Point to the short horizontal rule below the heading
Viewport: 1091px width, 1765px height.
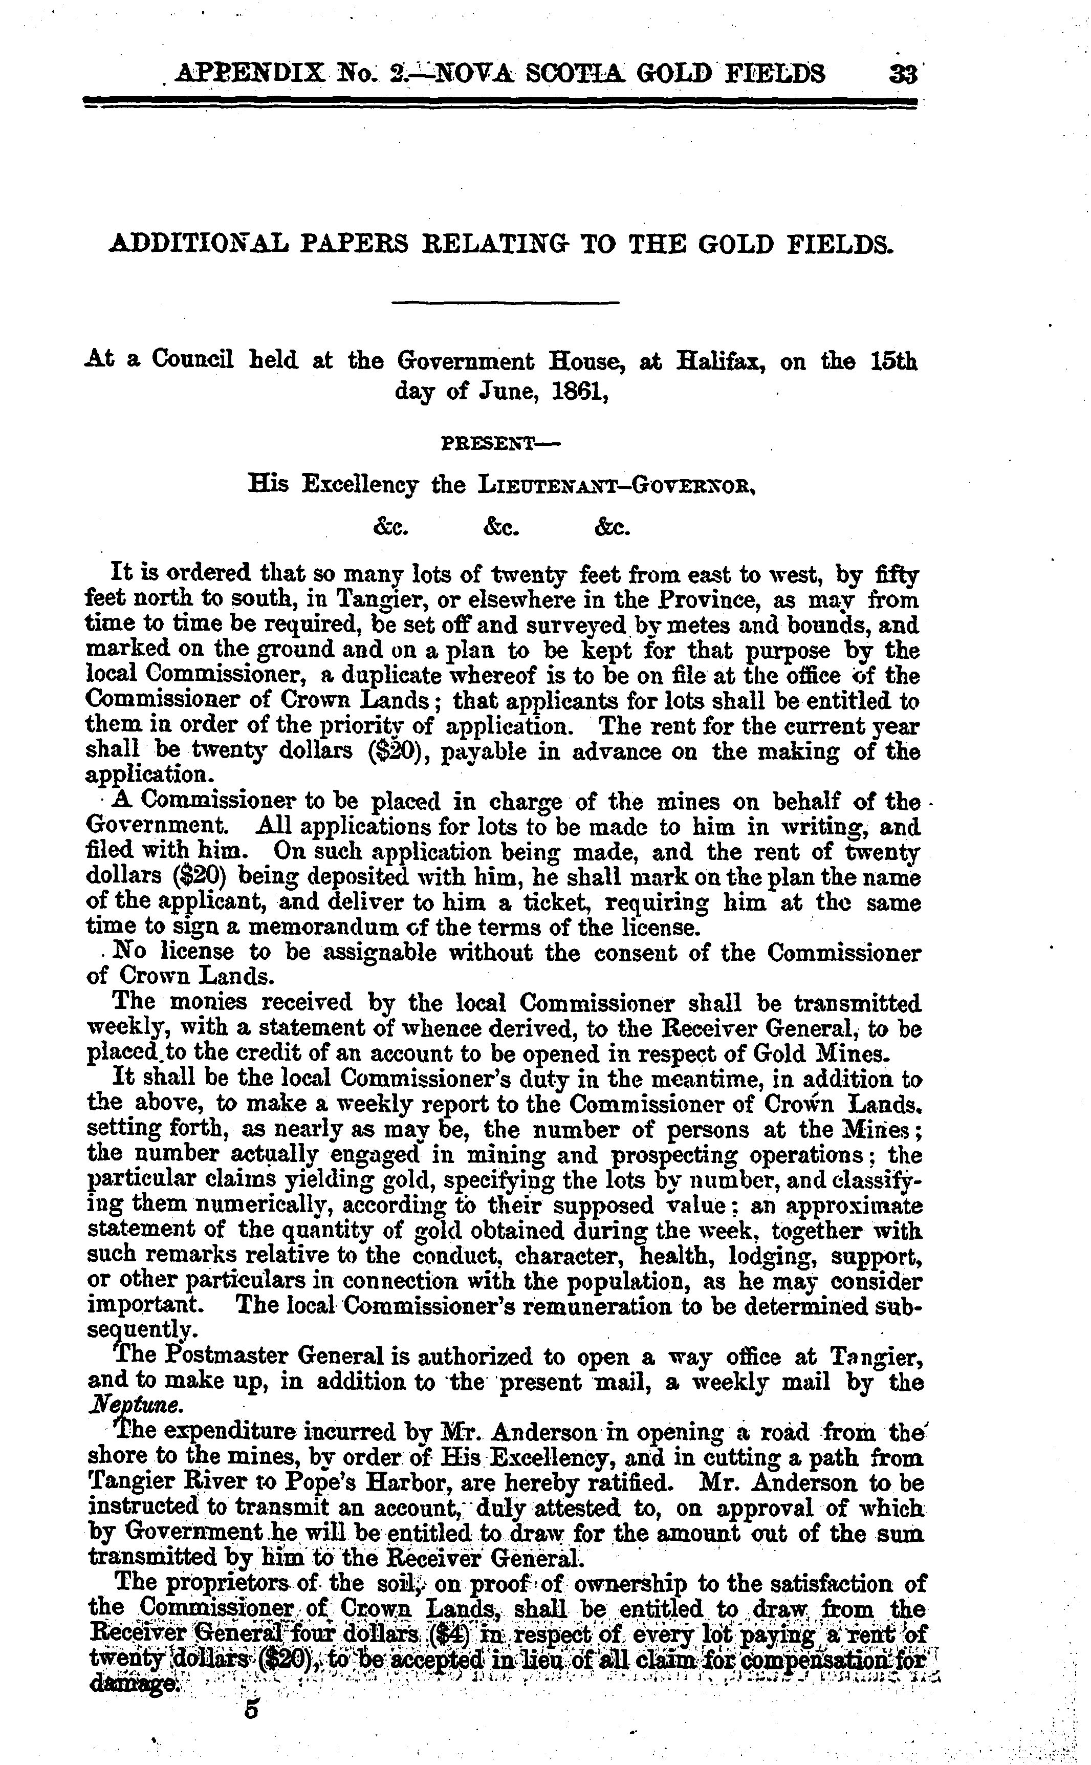click(505, 303)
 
